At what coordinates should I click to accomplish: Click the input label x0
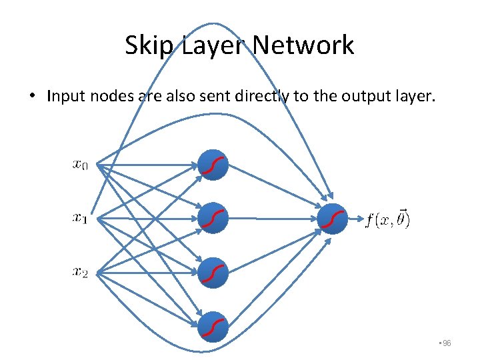click(80, 164)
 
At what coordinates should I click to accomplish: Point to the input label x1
click(80, 217)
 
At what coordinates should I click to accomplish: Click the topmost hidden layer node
click(213, 165)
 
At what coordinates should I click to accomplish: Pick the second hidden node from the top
click(213, 218)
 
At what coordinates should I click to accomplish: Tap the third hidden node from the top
click(213, 272)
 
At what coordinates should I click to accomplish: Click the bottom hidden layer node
click(213, 326)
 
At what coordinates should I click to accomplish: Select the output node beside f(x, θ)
click(333, 218)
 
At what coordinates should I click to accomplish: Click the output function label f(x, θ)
click(388, 219)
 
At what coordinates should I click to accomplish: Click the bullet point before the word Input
click(31, 97)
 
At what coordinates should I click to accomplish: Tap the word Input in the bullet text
click(65, 97)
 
